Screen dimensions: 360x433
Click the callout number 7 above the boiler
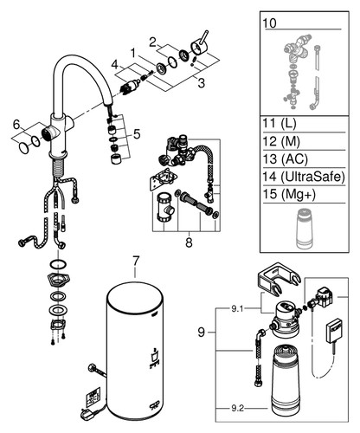[x=136, y=262]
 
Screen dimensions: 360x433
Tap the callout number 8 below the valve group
[x=189, y=242]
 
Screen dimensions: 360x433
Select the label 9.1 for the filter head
[x=237, y=309]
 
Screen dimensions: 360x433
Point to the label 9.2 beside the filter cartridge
[x=237, y=408]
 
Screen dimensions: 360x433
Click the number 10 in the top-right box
[x=269, y=23]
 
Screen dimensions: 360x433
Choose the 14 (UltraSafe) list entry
[x=304, y=177]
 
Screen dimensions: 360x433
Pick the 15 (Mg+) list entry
[x=289, y=194]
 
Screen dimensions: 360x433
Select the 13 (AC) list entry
[x=285, y=158]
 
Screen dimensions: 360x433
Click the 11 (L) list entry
[x=280, y=124]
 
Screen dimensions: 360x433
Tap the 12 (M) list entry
[x=281, y=141]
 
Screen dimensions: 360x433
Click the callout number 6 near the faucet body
[x=16, y=125]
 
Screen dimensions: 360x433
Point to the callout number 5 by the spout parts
[x=137, y=134]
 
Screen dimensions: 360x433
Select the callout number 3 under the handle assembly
[x=201, y=83]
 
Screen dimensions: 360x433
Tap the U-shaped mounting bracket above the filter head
[x=279, y=279]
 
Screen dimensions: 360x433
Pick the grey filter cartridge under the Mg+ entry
[x=304, y=228]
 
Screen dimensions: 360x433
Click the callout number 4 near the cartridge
[x=115, y=65]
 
